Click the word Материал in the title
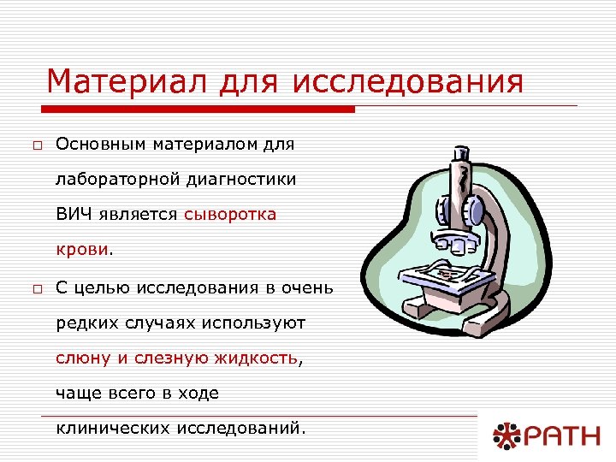(121, 82)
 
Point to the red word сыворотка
(230, 215)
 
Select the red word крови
(82, 250)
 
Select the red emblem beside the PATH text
(506, 437)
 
